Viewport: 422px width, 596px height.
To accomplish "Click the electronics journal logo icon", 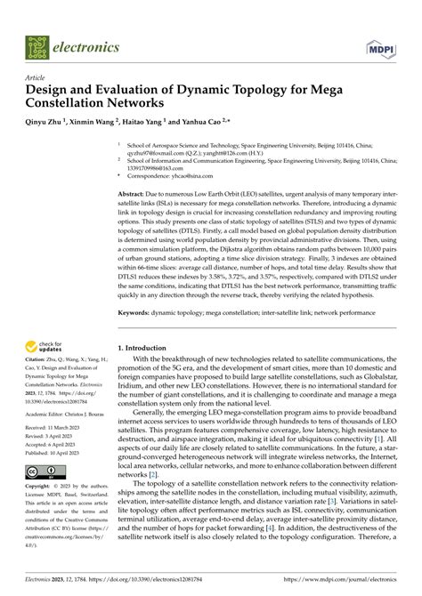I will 38,45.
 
